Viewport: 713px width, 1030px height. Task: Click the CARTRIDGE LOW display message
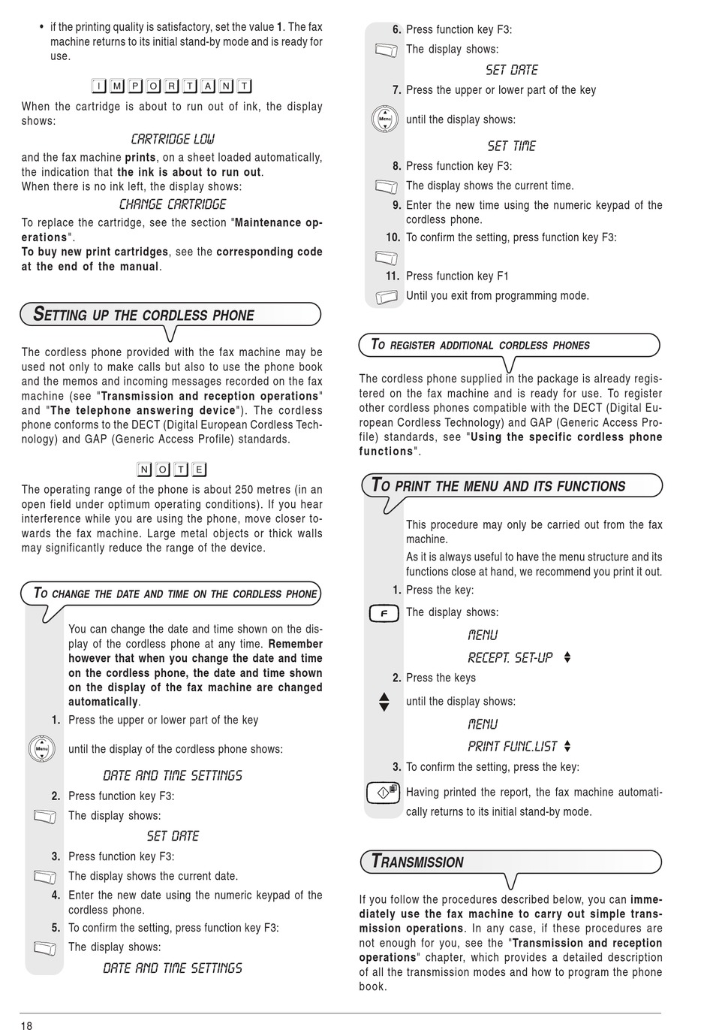tap(173, 139)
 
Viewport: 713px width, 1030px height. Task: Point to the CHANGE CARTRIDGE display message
tap(173, 204)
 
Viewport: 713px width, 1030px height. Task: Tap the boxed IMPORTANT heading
tap(172, 86)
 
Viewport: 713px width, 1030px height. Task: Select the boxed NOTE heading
tap(172, 470)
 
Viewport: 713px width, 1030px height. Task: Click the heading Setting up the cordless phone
tap(144, 315)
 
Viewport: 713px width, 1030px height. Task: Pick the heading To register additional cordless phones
tap(480, 346)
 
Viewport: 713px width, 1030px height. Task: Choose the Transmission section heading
tap(418, 862)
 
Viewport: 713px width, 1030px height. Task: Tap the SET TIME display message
tap(512, 146)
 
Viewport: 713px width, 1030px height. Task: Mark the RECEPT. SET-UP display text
tap(510, 658)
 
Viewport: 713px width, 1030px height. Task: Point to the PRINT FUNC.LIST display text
tap(513, 747)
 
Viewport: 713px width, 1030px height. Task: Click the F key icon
tap(384, 615)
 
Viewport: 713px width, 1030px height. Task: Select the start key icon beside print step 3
tap(384, 793)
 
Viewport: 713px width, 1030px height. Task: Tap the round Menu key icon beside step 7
tap(385, 119)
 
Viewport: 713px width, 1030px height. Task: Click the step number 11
tap(393, 276)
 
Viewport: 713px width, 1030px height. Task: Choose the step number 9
tap(397, 205)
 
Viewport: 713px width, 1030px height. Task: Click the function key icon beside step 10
tap(386, 258)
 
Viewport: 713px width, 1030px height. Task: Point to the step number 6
tap(397, 30)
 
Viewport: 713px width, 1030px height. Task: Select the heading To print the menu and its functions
tap(499, 486)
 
